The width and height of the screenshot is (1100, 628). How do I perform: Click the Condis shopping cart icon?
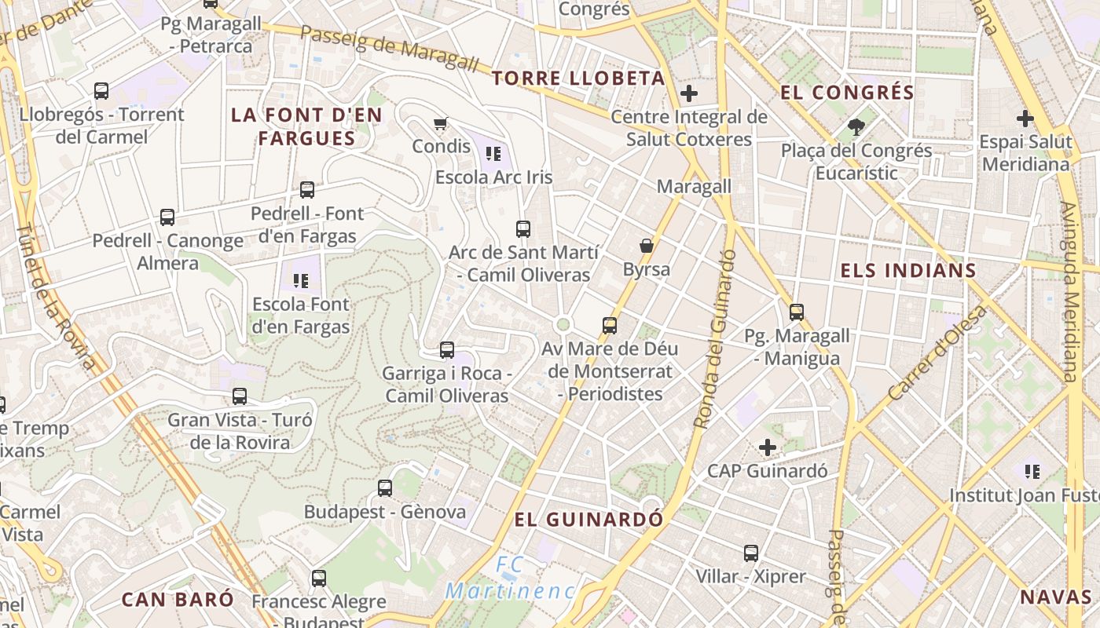tap(441, 123)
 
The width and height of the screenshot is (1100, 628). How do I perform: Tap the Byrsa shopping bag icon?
tap(647, 246)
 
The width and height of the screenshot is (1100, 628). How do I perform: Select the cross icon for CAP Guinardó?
tap(768, 447)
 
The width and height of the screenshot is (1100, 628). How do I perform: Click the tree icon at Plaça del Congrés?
tap(856, 126)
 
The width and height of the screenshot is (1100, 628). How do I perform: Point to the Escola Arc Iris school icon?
tap(493, 154)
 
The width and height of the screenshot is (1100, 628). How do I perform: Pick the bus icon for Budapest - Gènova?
tap(385, 488)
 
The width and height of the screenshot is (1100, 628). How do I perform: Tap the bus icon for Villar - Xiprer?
tap(751, 553)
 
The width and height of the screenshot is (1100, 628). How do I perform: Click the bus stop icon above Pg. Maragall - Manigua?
tap(797, 312)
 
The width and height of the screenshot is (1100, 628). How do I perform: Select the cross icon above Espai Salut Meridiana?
tap(1025, 119)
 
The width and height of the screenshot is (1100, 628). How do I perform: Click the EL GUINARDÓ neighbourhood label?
tap(588, 520)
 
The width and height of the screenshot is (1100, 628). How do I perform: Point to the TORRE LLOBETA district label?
tap(578, 78)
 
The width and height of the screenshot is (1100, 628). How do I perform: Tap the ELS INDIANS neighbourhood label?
tap(908, 272)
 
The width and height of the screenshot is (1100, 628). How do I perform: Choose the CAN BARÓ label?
tap(178, 600)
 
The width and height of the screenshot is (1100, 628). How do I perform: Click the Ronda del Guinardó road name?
tap(714, 339)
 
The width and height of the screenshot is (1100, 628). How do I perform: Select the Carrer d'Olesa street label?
tap(937, 352)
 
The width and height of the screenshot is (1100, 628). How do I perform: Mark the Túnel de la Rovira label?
tap(56, 294)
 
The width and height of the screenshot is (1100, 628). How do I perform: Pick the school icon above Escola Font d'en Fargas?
tap(300, 280)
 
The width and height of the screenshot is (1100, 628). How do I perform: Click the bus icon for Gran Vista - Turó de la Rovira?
tap(240, 396)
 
